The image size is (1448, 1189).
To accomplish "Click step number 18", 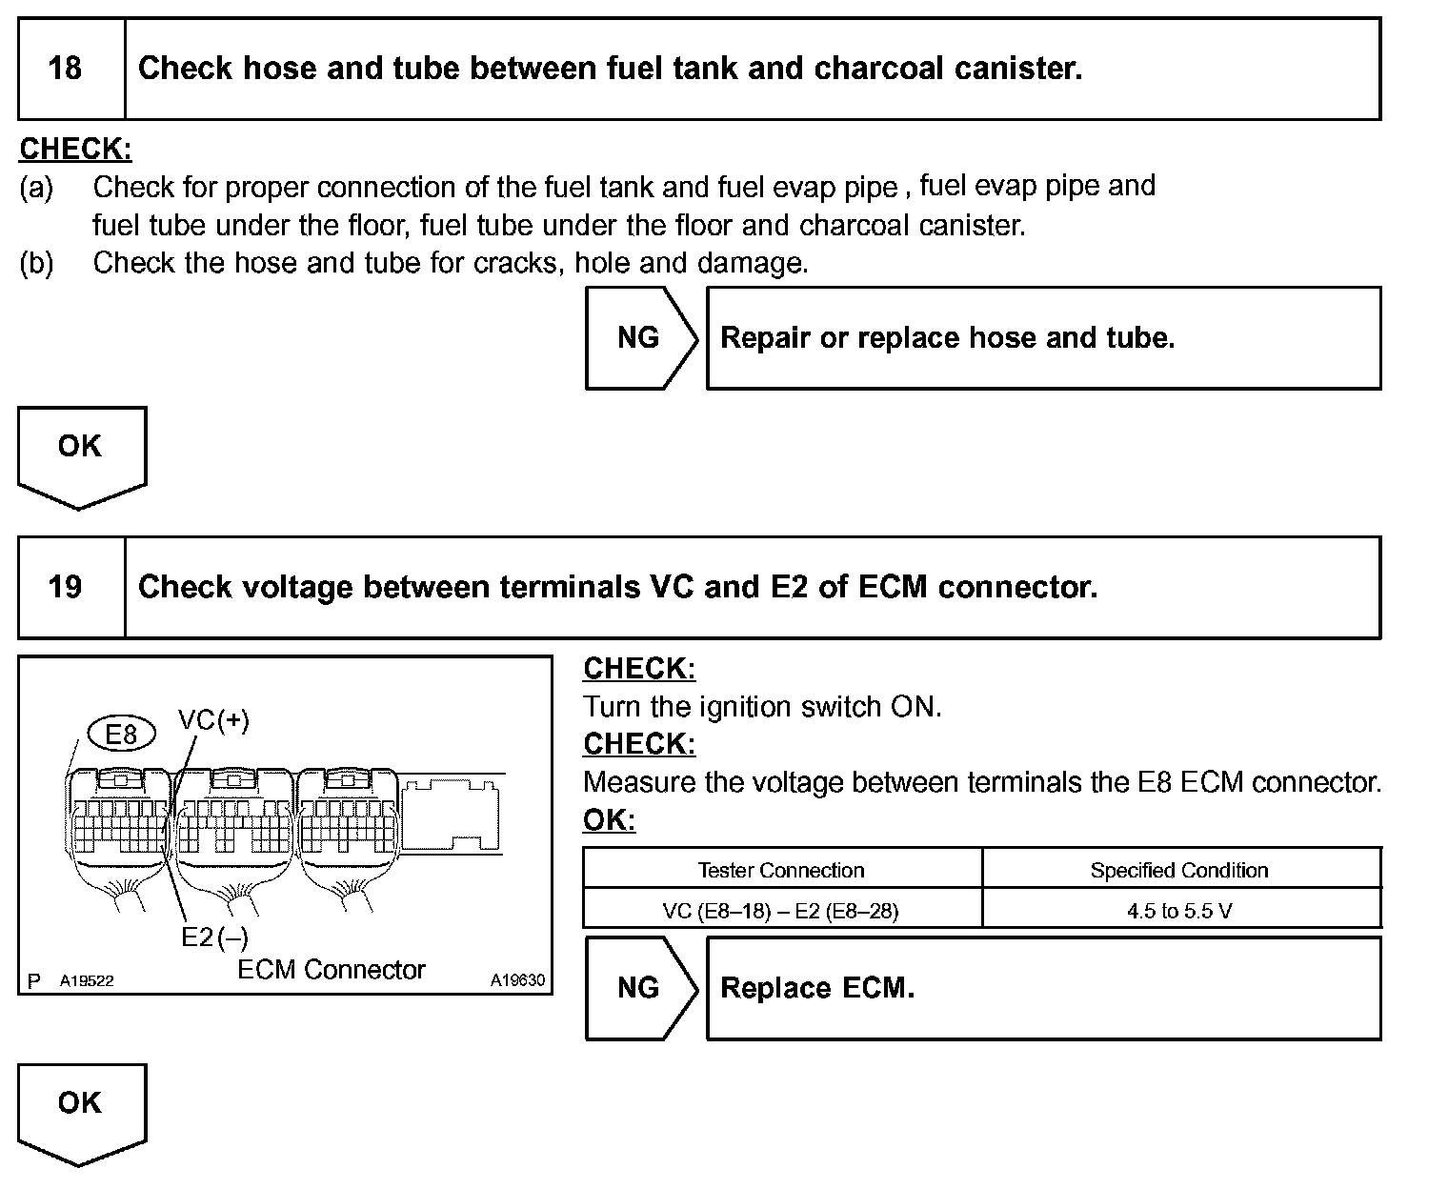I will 65,69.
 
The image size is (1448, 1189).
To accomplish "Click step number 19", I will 65,587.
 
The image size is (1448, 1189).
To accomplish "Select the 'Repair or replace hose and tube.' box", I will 1043,338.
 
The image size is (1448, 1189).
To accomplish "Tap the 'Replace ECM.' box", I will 1043,988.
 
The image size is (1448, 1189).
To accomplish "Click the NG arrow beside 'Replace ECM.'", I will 639,988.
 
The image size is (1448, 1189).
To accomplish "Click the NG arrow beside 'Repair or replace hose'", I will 639,338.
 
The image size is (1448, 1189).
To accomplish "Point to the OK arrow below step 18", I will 80,452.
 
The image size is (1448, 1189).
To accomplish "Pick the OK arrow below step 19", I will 80,1108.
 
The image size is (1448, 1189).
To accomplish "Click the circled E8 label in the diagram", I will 121,734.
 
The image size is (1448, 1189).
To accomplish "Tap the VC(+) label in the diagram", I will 214,720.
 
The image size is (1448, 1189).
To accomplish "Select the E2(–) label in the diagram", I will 215,937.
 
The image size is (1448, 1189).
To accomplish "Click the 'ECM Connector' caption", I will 332,970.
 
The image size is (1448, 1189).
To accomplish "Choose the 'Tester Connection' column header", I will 781,870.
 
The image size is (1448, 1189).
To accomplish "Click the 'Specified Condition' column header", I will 1179,870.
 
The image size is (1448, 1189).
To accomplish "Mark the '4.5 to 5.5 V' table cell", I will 1179,911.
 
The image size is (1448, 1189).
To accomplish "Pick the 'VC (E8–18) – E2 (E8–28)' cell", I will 781,911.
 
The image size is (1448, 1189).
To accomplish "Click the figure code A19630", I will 517,979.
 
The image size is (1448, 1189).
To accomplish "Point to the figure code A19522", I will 87,980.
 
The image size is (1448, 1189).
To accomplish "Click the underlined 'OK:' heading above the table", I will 609,820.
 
